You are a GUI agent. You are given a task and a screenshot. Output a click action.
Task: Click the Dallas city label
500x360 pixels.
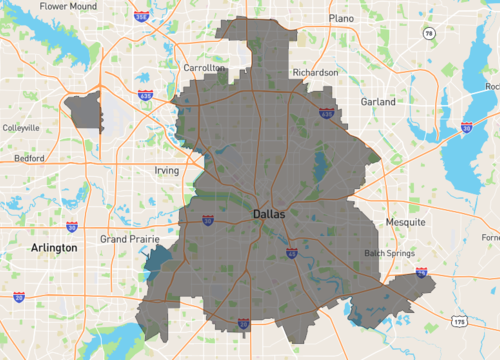click(x=268, y=214)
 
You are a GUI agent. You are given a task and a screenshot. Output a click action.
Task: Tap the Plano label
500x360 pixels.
click(x=342, y=18)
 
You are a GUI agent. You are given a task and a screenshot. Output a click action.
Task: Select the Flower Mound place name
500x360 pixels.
click(x=68, y=6)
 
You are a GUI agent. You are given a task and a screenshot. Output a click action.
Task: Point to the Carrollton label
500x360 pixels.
click(x=204, y=68)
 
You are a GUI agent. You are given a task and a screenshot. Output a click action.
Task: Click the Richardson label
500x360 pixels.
click(x=314, y=73)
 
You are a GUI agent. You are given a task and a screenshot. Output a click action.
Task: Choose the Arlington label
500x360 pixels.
click(x=54, y=247)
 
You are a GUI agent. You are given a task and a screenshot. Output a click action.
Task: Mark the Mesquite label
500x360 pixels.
click(x=406, y=221)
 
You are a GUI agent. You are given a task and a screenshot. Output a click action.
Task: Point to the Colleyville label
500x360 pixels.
click(x=20, y=128)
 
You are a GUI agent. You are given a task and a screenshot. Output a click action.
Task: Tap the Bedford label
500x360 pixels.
click(x=28, y=159)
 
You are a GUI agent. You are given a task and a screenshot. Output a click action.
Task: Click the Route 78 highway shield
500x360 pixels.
click(x=429, y=33)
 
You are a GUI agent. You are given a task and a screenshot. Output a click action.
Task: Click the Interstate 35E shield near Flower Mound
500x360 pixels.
click(x=142, y=17)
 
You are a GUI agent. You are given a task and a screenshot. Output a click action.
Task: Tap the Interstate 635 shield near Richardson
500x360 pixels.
click(x=326, y=115)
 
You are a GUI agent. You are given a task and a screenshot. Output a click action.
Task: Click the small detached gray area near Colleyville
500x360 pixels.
click(x=84, y=108)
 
